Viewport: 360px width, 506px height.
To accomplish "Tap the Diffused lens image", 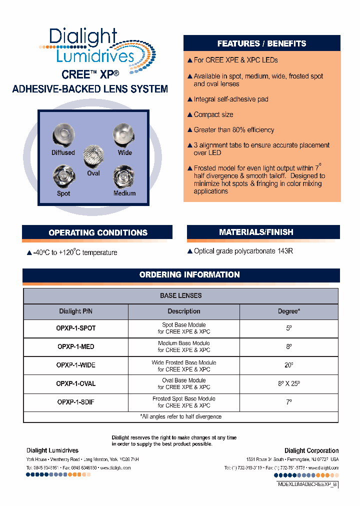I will (63, 135).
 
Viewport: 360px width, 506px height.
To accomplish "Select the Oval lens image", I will (93, 157).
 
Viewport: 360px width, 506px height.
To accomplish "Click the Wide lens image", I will (123, 135).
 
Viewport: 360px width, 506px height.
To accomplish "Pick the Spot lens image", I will (63, 176).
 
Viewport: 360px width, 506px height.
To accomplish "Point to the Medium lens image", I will (124, 176).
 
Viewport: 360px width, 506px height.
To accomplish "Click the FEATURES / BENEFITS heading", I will (261, 43).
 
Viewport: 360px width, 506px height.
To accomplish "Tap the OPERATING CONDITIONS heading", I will (98, 232).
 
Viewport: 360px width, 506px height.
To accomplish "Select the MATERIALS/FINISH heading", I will (263, 232).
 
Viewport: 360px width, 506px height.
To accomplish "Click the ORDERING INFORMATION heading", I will (189, 275).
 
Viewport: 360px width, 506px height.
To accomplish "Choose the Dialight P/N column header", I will (76, 311).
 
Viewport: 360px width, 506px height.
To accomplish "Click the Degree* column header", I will (288, 311).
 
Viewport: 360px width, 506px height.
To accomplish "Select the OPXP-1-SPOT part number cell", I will (76, 328).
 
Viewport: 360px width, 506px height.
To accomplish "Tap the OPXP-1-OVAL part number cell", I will (76, 383).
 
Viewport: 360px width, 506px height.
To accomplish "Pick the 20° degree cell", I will (288, 365).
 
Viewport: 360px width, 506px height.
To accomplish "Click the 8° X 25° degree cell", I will (288, 383).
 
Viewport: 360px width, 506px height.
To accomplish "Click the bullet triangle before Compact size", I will (189, 115).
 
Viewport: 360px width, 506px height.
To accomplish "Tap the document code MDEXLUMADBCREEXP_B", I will (307, 485).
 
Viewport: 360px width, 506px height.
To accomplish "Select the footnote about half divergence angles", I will (181, 416).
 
